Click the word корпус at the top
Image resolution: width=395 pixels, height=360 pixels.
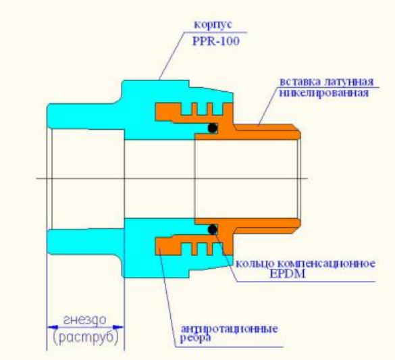tap(213, 25)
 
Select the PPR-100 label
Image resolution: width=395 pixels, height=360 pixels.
tap(216, 41)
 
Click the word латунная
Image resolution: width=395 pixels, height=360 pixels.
tap(348, 82)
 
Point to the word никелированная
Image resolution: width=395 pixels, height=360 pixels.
tap(324, 93)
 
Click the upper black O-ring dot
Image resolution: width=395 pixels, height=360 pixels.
tap(213, 128)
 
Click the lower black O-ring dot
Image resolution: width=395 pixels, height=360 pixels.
tap(213, 230)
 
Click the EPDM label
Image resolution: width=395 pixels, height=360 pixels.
tap(288, 274)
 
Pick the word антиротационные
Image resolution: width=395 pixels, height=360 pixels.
tap(230, 329)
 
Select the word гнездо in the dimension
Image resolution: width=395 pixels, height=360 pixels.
tap(84, 320)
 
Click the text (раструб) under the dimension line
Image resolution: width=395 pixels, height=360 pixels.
tap(86, 338)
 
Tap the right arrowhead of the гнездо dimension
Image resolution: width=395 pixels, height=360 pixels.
tap(118, 328)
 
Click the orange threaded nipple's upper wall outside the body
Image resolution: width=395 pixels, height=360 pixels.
tap(267, 132)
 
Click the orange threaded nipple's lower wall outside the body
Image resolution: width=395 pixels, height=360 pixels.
tap(267, 226)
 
